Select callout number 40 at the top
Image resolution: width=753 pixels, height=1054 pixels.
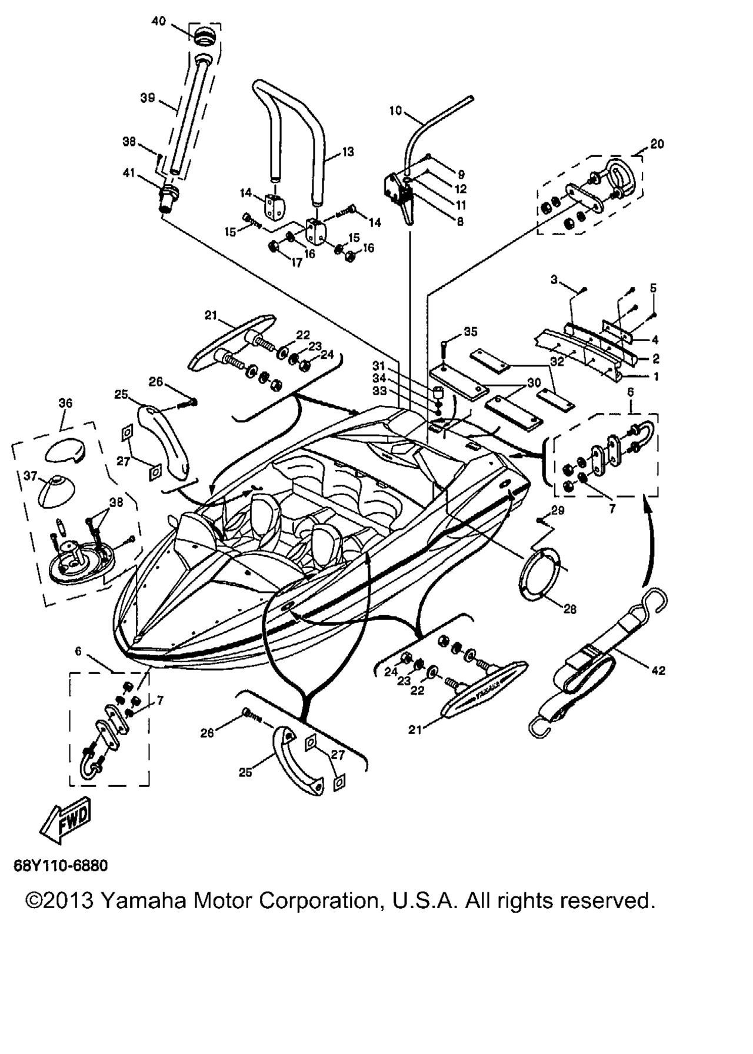pos(158,21)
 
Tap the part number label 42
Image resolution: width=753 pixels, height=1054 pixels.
pos(658,670)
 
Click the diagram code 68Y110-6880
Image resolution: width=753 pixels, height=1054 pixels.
pos(61,866)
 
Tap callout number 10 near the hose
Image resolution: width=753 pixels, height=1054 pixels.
pos(395,110)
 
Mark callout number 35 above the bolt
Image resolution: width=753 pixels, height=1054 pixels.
pos(471,332)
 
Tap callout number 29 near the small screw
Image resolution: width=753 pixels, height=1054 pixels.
pos(558,510)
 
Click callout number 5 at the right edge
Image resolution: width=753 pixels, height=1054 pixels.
pos(653,288)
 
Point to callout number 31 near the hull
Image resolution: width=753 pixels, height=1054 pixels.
pos(379,366)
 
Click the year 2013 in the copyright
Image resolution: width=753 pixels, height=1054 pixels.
pos(68,900)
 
